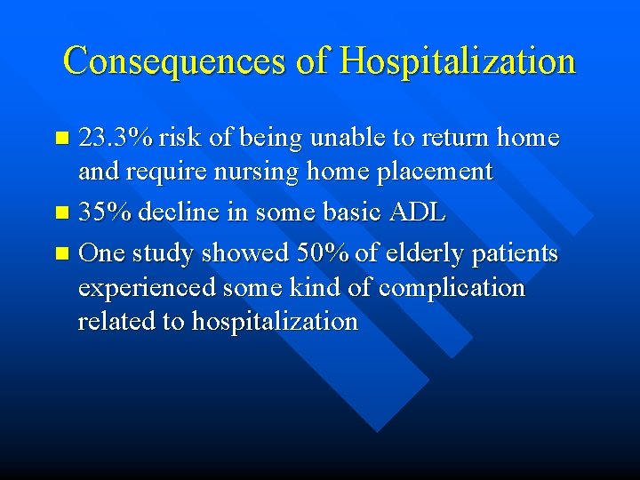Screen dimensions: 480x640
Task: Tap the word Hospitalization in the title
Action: click(x=458, y=61)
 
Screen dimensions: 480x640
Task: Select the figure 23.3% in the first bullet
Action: click(x=116, y=138)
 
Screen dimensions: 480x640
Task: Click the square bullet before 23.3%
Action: click(x=61, y=139)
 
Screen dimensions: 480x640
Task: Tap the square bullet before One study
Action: click(x=61, y=254)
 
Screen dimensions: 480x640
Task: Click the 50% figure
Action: click(x=325, y=253)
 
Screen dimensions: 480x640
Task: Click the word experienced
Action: click(x=148, y=288)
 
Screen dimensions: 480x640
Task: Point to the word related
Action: click(x=114, y=321)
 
